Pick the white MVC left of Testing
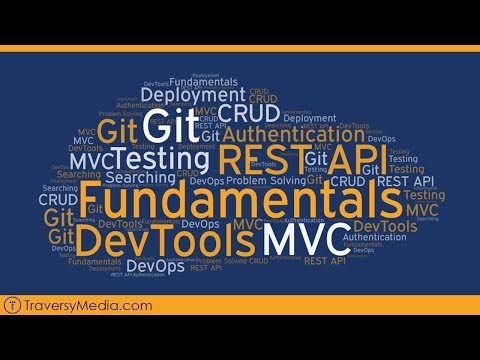87,159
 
